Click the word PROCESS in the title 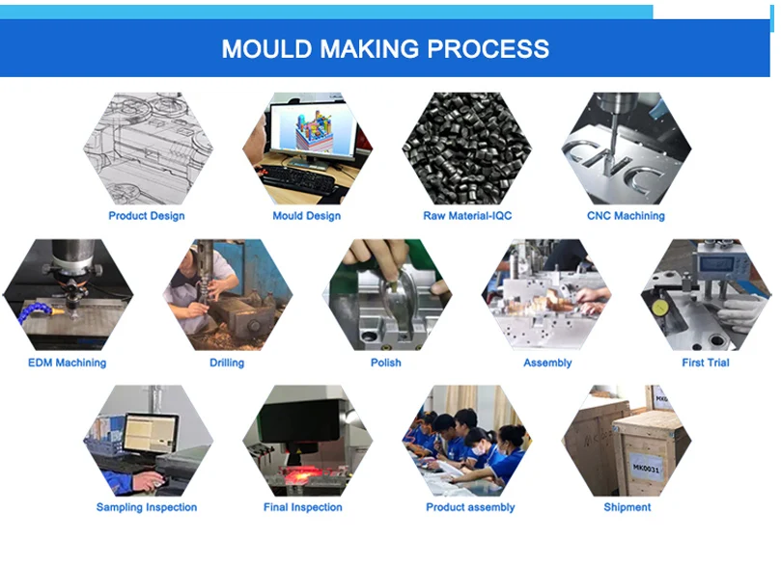(488, 49)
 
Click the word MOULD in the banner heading (267, 49)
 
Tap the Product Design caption (147, 216)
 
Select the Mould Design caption (306, 216)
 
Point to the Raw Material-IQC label (467, 216)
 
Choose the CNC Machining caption (626, 216)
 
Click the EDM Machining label (68, 363)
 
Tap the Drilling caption (227, 363)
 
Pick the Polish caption (385, 363)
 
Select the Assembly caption (547, 363)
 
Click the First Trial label (706, 363)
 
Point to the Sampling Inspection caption (147, 507)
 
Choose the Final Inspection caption (303, 507)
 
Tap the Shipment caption (628, 507)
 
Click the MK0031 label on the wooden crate (646, 468)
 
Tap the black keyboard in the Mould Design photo (298, 179)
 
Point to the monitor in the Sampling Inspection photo (150, 433)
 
